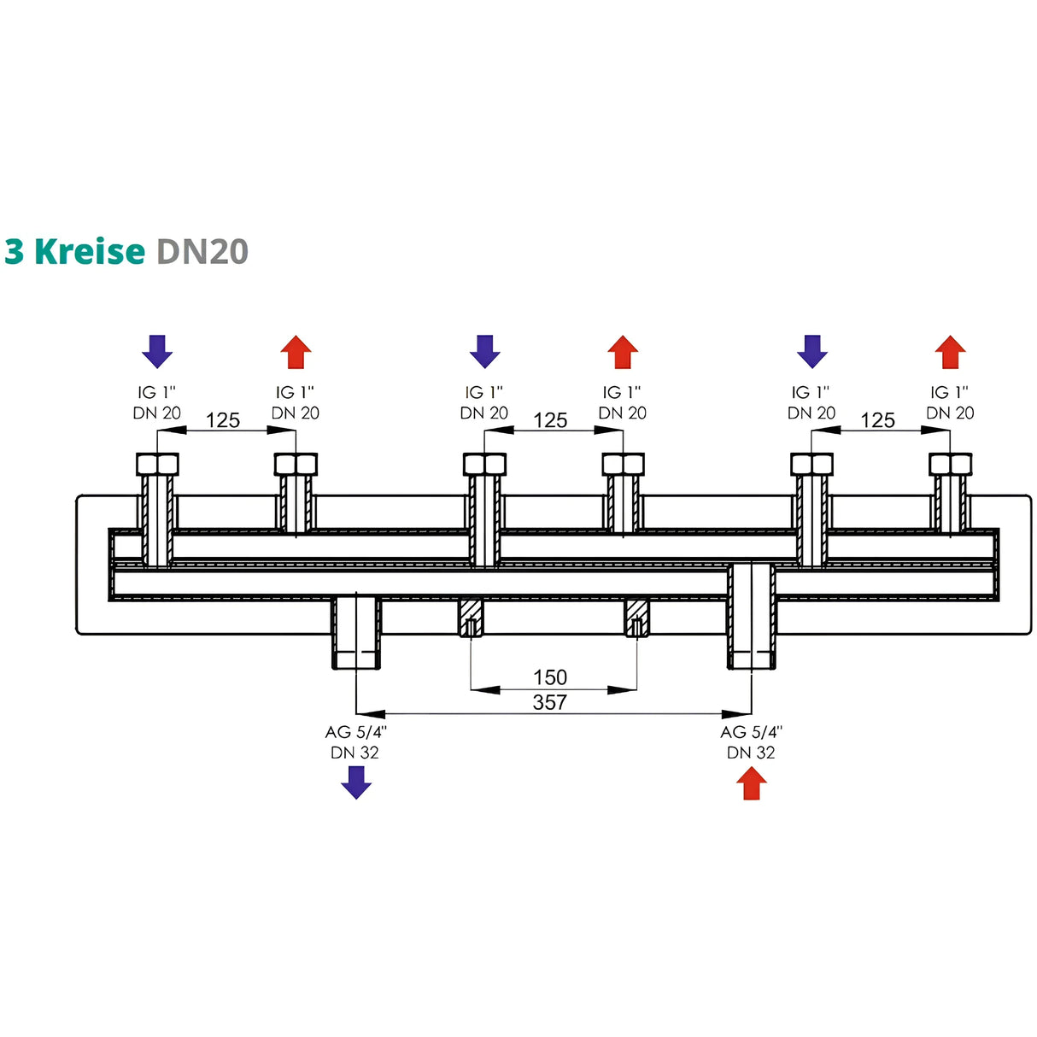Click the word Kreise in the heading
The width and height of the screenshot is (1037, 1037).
point(90,251)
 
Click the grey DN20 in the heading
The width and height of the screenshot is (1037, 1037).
point(202,251)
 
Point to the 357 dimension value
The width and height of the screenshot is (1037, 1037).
point(549,702)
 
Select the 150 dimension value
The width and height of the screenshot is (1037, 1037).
point(549,677)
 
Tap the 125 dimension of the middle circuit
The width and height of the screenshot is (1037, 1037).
point(550,420)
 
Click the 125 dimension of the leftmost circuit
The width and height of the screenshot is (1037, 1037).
point(223,420)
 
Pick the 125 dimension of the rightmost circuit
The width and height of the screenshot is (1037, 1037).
point(877,420)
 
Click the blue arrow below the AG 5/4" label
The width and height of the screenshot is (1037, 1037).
point(356,782)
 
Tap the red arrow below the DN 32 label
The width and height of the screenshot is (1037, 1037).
point(751,782)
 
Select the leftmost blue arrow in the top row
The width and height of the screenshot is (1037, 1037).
point(157,351)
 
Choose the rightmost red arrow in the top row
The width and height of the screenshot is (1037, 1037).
point(950,352)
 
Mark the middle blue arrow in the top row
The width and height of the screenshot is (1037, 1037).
point(484,351)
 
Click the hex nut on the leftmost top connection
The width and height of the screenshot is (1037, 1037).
point(157,464)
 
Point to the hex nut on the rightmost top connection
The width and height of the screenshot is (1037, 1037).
point(950,464)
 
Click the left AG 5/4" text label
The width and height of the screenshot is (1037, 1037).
point(355,732)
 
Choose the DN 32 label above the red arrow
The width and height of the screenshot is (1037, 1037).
point(751,753)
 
